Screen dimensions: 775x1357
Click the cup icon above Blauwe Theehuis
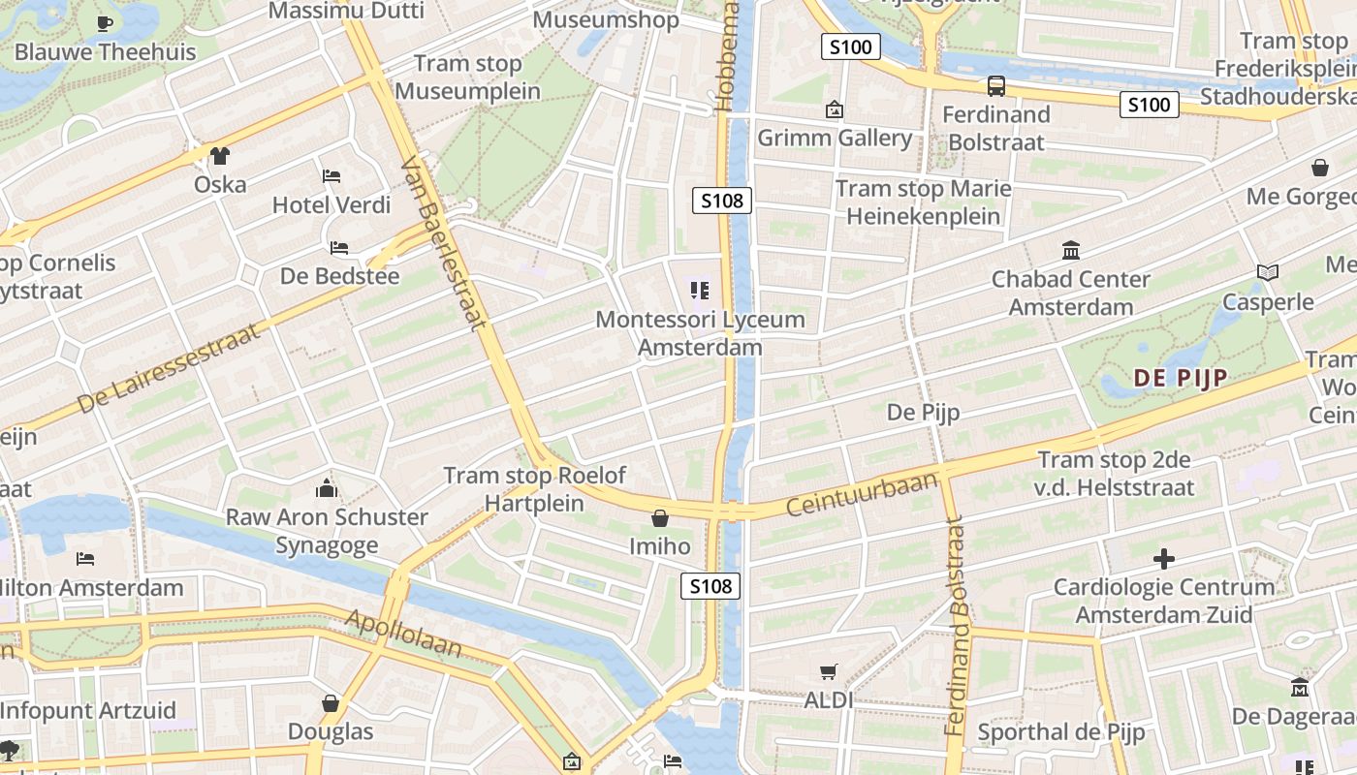(105, 22)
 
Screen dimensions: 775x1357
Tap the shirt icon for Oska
(220, 155)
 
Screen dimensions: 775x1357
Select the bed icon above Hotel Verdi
(331, 176)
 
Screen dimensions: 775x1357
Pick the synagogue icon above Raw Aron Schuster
(327, 488)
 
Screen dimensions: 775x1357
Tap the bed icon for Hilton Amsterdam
(85, 559)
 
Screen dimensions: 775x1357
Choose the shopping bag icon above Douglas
(331, 703)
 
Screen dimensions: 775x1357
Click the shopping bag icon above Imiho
(660, 518)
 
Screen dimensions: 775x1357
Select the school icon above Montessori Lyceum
(699, 290)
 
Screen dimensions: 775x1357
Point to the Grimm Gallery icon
(834, 109)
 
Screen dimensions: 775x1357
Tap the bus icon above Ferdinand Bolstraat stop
(996, 86)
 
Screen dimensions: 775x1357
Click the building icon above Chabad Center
(1071, 251)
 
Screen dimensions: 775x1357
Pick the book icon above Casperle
(1267, 273)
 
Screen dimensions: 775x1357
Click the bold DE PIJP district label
(1181, 378)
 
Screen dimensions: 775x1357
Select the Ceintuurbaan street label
(862, 493)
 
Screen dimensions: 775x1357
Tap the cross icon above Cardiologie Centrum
(1164, 559)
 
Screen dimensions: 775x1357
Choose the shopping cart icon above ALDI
(829, 671)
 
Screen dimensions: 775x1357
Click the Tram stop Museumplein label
(468, 77)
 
